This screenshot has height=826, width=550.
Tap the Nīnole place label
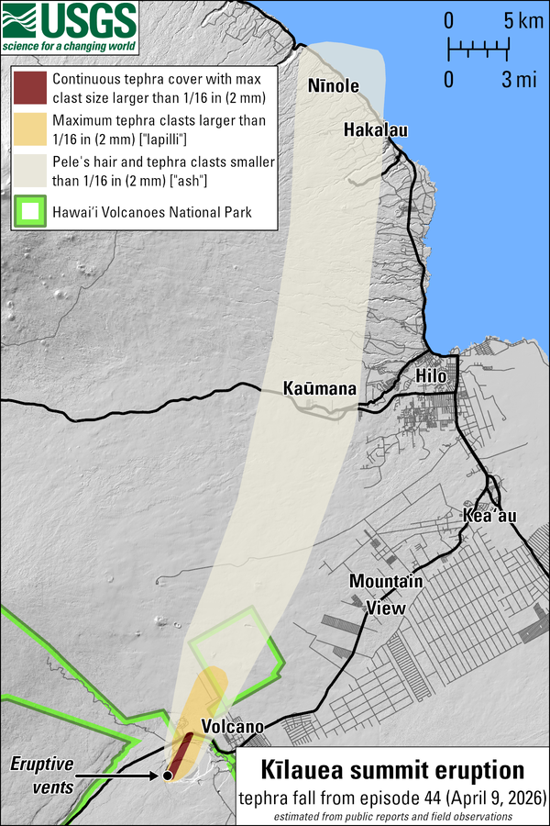tap(334, 86)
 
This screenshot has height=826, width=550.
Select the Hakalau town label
tap(375, 130)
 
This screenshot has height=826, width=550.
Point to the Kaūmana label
tap(319, 388)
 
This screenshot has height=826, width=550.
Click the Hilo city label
tap(431, 376)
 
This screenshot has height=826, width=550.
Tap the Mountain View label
tap(386, 594)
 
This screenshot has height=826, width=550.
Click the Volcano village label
tap(233, 727)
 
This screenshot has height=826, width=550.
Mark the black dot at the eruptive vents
tap(168, 776)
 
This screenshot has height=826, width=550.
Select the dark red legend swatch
tap(30, 88)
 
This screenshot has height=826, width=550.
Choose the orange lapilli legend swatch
tap(30, 129)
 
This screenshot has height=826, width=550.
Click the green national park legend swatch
tap(30, 213)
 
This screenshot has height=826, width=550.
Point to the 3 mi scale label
tap(518, 79)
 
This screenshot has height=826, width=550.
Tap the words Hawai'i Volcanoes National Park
tap(152, 213)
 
